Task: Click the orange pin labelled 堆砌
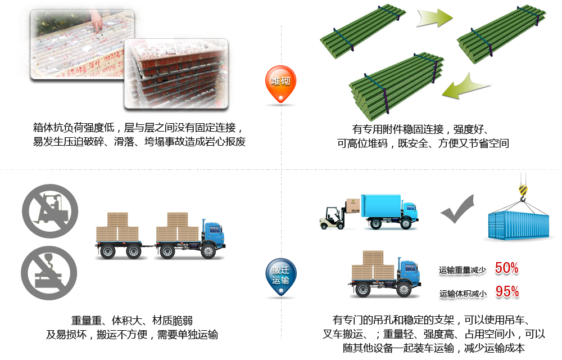[280, 82]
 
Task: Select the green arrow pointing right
[433, 18]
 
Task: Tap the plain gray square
[456, 209]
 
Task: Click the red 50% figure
[507, 269]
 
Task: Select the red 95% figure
[507, 292]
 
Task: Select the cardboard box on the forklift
[353, 205]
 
